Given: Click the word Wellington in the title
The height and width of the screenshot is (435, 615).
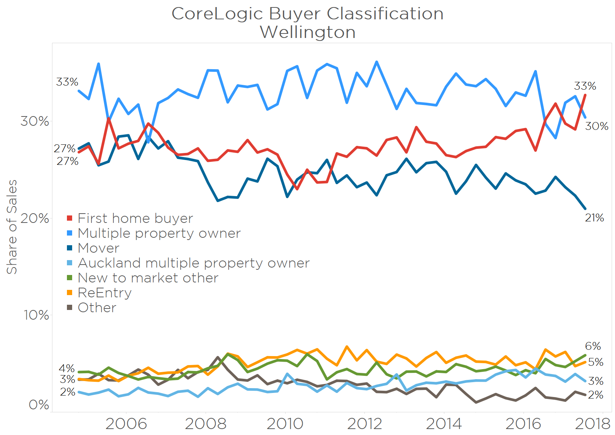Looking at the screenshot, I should point(307,32).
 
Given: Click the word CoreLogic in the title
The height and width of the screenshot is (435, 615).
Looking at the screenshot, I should point(217,14).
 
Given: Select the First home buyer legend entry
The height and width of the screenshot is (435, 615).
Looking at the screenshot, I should point(135,218).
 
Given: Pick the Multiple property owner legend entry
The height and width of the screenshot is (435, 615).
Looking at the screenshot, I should point(159,233).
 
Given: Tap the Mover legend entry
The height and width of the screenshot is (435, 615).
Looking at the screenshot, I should point(99,248).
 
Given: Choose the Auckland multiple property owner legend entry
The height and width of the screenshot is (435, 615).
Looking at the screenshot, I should point(193,263).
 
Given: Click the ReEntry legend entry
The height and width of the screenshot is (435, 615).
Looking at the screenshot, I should point(104,292).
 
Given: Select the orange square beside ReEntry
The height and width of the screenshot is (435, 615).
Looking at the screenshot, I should point(70,292).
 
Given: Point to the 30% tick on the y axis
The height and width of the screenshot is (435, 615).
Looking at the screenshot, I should point(35,121).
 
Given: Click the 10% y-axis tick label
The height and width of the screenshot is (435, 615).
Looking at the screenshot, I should point(36,315).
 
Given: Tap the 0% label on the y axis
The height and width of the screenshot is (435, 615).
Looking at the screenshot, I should point(39,404).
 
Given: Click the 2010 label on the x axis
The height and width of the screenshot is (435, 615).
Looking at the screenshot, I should point(285,423).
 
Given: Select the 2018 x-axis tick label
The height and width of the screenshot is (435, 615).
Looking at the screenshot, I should point(593,423).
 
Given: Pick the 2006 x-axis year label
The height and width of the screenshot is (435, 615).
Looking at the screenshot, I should point(126,423).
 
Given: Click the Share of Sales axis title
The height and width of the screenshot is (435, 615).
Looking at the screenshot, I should point(12,227).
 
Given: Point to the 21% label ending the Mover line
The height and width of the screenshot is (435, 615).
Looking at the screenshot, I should point(594,218).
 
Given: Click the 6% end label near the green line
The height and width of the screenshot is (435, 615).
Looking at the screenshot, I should point(593,346).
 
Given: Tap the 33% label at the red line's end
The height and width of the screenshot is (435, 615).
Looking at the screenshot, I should point(585,86).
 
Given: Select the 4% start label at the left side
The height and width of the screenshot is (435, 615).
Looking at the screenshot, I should point(67,368).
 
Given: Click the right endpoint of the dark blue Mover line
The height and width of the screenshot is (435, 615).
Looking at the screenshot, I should point(585,209).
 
